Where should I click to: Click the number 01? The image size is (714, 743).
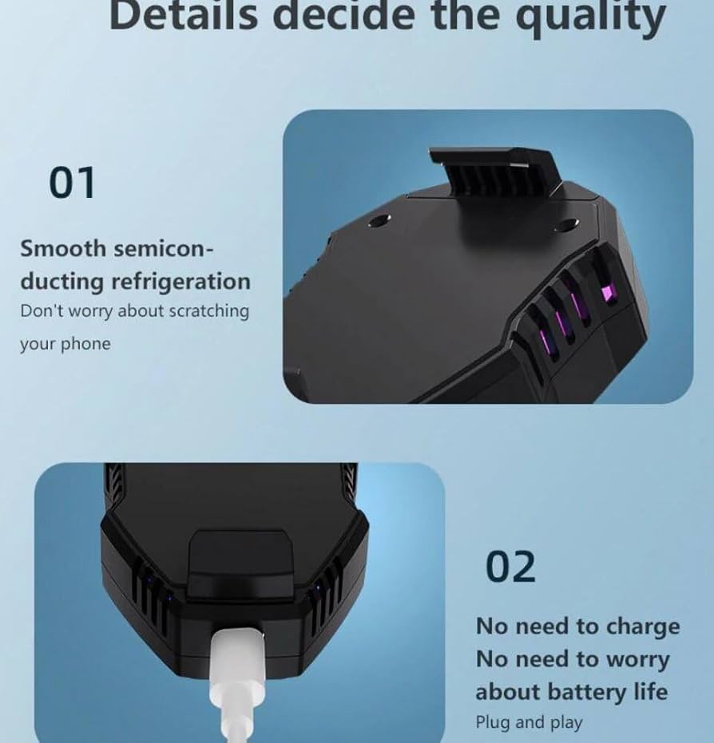tap(72, 183)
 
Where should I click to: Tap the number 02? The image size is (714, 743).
tap(510, 567)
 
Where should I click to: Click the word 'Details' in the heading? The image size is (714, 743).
tap(184, 15)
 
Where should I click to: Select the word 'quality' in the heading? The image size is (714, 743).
tap(591, 18)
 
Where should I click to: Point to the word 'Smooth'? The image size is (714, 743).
tap(63, 248)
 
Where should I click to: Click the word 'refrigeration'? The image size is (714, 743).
tap(180, 282)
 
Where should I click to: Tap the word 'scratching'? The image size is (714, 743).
tap(209, 311)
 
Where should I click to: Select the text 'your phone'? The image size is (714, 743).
tap(65, 344)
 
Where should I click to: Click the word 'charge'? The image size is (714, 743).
tap(644, 627)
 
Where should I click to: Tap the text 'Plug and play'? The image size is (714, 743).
tap(529, 722)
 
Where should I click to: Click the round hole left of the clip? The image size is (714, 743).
tap(379, 220)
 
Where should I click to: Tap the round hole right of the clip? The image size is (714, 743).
tap(565, 224)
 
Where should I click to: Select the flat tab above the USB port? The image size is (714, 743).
tap(240, 564)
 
